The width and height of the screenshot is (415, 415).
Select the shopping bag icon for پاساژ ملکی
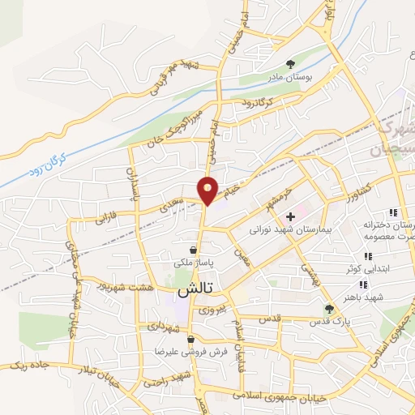192,250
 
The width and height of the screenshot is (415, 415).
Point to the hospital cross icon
290,216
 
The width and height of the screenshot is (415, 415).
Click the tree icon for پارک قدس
329,309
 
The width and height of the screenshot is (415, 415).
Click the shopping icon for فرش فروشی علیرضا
190,340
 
